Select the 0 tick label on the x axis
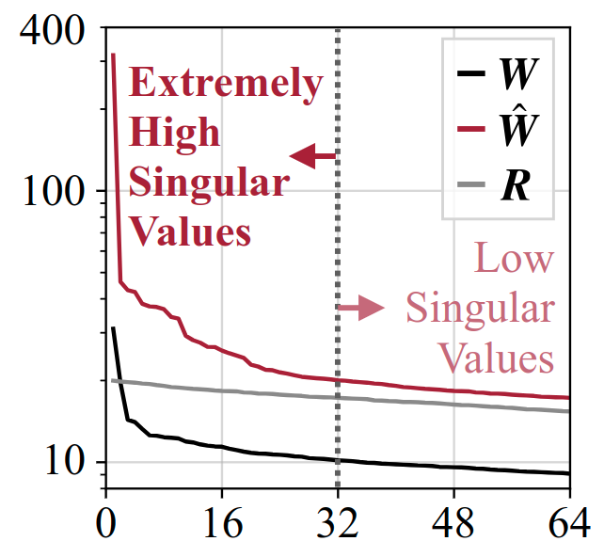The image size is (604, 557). (x=106, y=522)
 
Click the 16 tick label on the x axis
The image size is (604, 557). (x=221, y=522)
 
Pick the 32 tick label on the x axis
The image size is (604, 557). (x=338, y=522)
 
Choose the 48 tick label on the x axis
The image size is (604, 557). (x=453, y=522)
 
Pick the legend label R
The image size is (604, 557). (x=514, y=185)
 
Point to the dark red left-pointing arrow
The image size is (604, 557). (x=312, y=157)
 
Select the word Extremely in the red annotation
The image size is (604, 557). (x=226, y=84)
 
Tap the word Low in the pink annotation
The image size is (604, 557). (x=514, y=259)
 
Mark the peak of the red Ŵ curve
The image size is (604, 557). (x=113, y=55)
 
